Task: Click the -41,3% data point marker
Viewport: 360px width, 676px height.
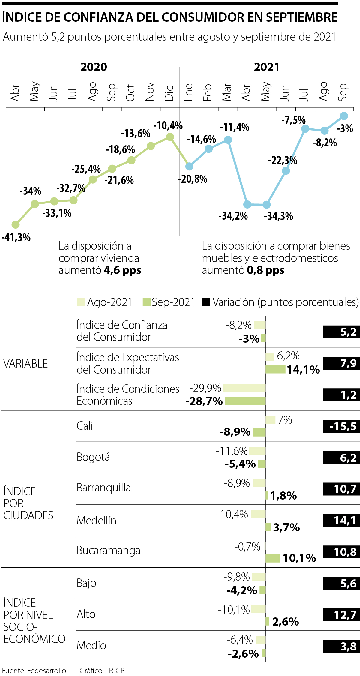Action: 16,224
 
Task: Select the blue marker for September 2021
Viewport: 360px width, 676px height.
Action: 344,116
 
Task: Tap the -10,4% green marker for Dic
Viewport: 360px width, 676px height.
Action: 170,137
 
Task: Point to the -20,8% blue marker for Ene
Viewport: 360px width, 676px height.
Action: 189,166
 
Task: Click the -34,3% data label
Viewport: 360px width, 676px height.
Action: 278,216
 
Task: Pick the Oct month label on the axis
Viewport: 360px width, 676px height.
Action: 131,93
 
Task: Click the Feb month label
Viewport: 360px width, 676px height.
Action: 208,92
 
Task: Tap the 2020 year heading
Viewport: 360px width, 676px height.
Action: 94,67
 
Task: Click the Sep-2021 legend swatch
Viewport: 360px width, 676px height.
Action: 147,302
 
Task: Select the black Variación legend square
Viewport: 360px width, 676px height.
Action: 206,302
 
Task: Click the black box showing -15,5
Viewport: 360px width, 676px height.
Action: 342,426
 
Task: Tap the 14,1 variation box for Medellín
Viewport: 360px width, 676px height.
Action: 342,521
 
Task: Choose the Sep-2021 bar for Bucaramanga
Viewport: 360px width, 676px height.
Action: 273,558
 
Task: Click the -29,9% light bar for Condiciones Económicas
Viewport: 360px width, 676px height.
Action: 244,388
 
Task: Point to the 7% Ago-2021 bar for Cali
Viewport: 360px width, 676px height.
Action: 270,420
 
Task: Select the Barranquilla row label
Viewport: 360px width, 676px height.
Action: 104,488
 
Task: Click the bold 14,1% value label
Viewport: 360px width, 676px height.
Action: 303,370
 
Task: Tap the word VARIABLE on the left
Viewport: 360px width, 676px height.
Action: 26,364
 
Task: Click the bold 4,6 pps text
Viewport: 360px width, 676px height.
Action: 122,270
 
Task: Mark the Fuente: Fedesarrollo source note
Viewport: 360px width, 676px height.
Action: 34,671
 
